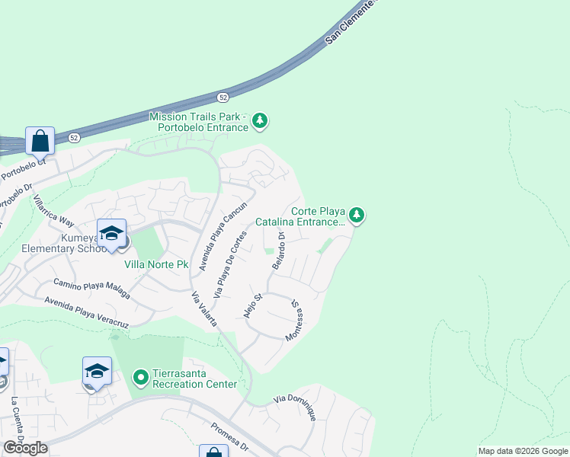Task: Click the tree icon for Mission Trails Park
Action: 260,120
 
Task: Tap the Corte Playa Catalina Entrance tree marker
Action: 357,216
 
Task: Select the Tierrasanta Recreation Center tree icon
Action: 140,377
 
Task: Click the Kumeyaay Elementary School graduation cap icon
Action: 111,232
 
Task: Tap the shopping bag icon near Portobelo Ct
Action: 40,140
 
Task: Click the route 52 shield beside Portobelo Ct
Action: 73,138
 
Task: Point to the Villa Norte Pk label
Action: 156,264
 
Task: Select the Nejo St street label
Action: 252,304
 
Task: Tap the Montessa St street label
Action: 294,320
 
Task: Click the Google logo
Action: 26,448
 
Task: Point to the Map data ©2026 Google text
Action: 523,451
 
